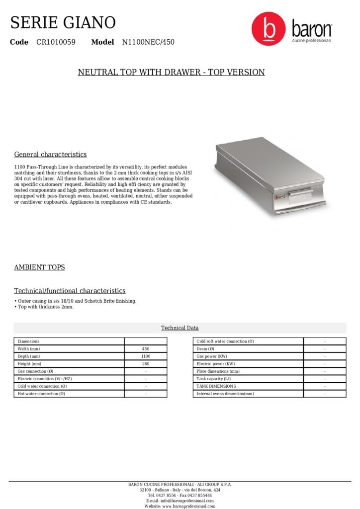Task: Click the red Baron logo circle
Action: pos(269,29)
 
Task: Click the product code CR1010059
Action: pos(56,42)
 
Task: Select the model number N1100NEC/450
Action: pos(148,42)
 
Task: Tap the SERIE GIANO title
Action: pos(63,22)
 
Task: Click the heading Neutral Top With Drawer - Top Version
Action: pos(171,73)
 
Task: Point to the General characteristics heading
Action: pos(50,155)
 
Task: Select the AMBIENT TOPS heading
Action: pos(39,267)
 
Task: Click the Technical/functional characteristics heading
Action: pos(70,291)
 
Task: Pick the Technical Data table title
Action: pos(180,328)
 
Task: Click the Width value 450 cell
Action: pos(146,349)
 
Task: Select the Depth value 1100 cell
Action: pos(146,356)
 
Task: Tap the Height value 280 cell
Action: pos(146,364)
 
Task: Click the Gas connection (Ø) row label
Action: pos(35,371)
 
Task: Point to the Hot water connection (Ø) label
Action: pos(41,394)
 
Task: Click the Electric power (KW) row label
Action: pos(215,364)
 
